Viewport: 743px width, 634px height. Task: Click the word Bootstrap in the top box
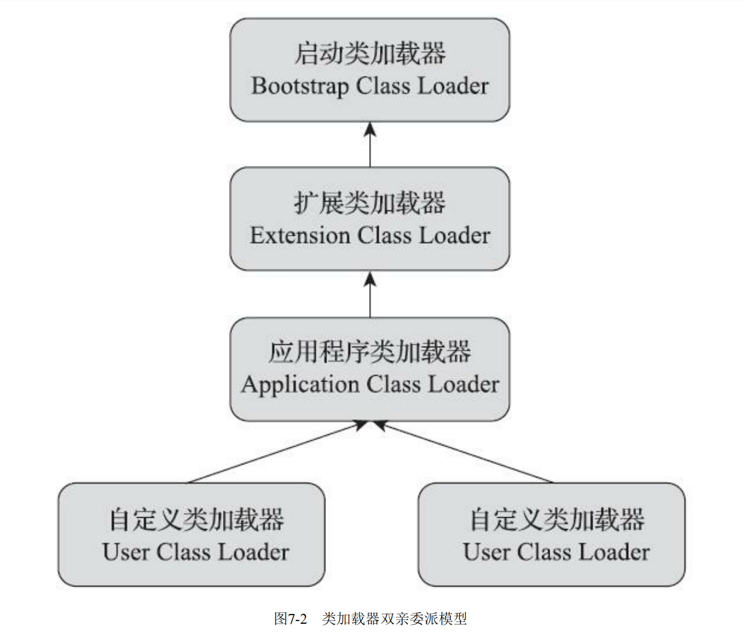(x=300, y=87)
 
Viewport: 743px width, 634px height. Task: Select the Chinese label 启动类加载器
(x=370, y=54)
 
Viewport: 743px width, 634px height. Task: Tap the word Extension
(x=300, y=236)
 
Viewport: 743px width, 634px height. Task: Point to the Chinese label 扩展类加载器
(x=370, y=203)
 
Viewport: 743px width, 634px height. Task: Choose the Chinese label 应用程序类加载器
(x=370, y=352)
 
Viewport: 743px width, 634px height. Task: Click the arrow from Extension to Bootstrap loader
(x=370, y=144)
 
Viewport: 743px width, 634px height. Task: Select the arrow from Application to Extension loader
(x=370, y=294)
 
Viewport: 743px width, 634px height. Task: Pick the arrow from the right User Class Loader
(x=463, y=452)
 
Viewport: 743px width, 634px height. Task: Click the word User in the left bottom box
(x=126, y=552)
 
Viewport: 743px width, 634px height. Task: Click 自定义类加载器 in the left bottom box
(x=196, y=519)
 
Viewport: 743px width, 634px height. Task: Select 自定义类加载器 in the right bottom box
(x=557, y=519)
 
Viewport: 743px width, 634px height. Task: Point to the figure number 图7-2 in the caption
(x=290, y=619)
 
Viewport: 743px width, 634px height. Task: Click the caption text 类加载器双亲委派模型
(x=394, y=619)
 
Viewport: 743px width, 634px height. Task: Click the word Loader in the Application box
(x=463, y=385)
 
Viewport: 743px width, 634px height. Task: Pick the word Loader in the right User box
(x=614, y=552)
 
